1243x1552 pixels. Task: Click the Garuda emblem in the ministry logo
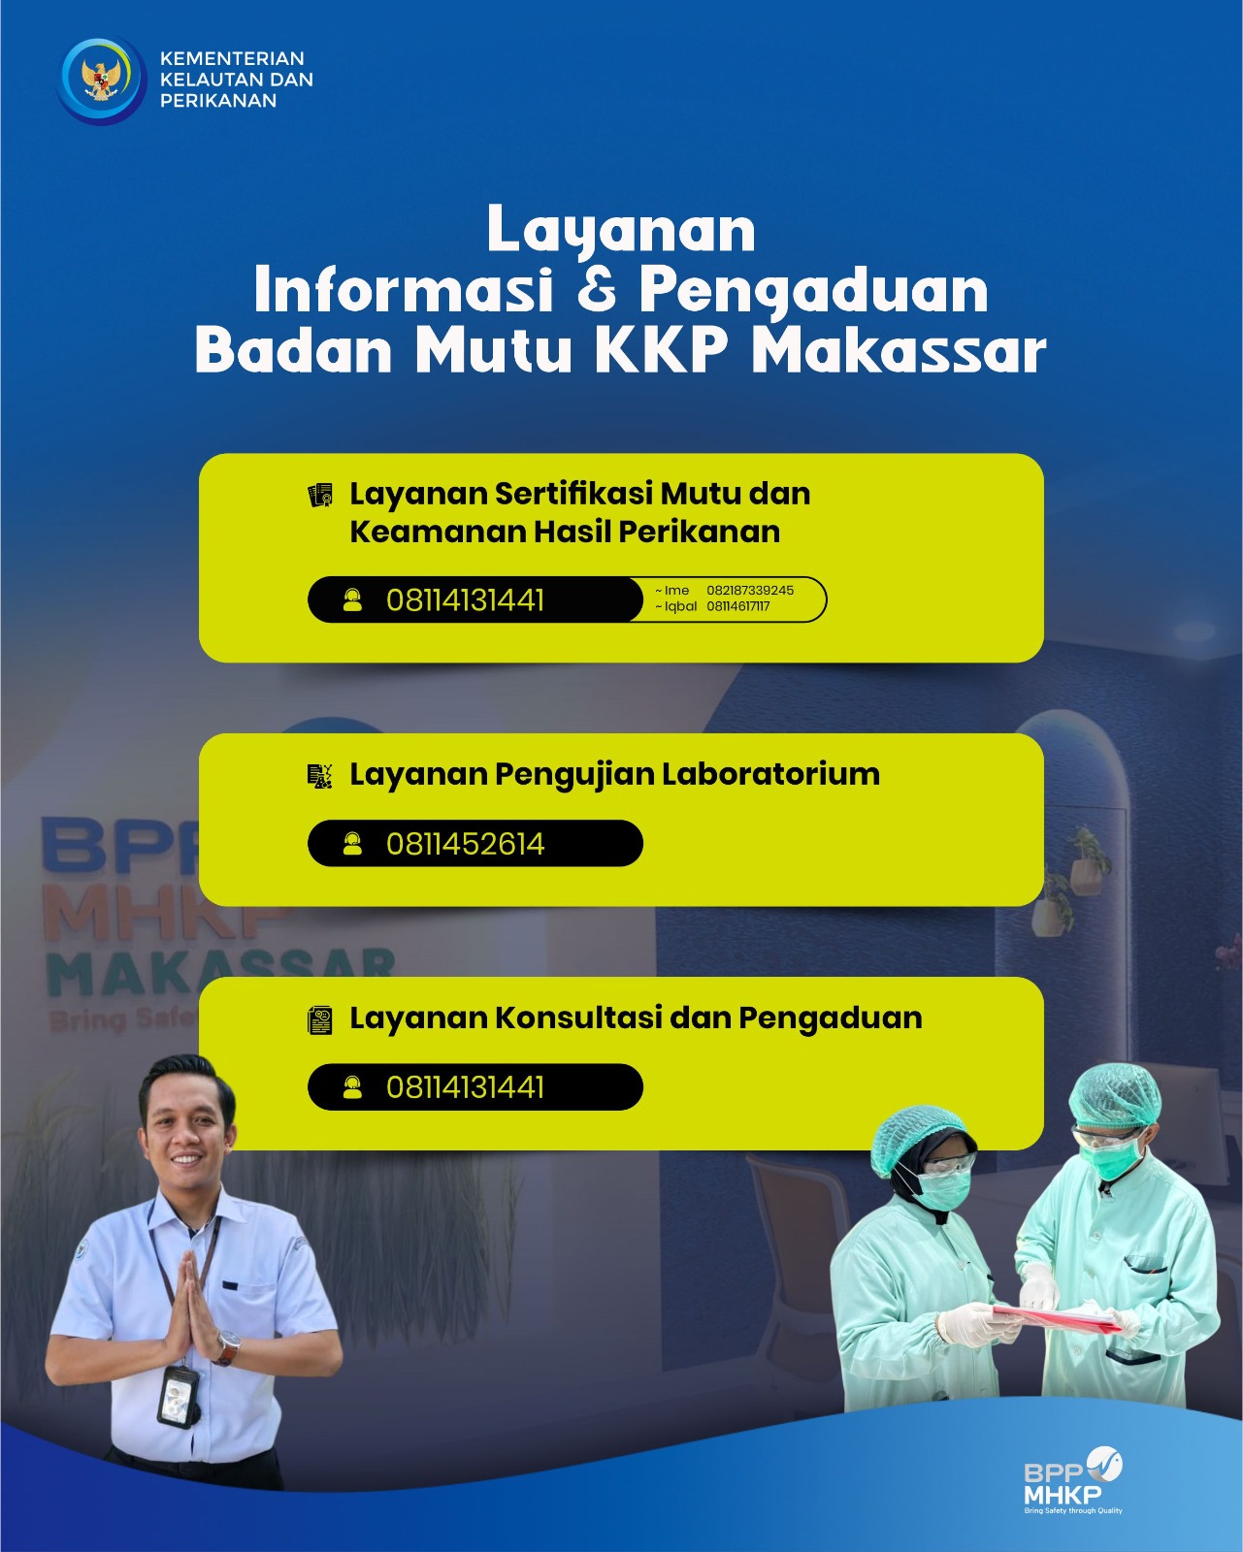click(x=101, y=79)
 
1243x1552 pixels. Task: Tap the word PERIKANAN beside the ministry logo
click(x=218, y=101)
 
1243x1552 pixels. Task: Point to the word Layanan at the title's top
click(x=621, y=229)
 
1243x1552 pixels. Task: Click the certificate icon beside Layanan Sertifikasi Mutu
click(x=320, y=496)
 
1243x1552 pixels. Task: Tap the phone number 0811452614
click(x=466, y=844)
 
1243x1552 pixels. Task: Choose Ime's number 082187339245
click(x=750, y=590)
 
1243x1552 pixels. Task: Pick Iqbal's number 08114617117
click(x=738, y=606)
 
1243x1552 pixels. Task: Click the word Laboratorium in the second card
click(x=770, y=774)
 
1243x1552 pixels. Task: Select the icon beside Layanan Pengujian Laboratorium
click(x=320, y=776)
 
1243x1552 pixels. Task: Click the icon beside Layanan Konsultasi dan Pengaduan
click(x=320, y=1020)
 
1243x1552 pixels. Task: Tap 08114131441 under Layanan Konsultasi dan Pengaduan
click(x=466, y=1087)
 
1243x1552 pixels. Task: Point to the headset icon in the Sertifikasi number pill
click(x=352, y=600)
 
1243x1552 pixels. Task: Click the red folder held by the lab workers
click(x=1057, y=1316)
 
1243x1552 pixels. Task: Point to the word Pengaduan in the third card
click(x=831, y=1018)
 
